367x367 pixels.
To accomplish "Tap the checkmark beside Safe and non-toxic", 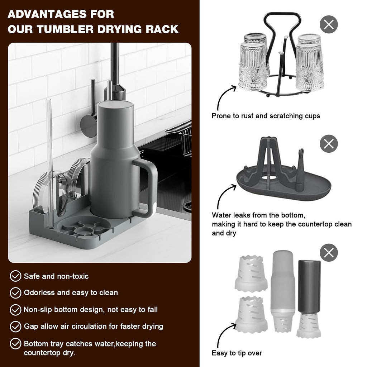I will (x=15, y=276).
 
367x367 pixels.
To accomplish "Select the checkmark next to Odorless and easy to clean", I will (x=15, y=292).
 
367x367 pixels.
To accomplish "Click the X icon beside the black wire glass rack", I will (x=329, y=25).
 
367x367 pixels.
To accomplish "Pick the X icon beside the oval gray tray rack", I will (x=329, y=144).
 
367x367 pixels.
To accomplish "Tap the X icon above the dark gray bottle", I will (x=329, y=252).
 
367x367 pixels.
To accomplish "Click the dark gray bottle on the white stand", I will (x=309, y=283).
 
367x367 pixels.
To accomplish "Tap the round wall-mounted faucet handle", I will (x=89, y=125).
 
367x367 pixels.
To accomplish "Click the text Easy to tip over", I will (x=237, y=353).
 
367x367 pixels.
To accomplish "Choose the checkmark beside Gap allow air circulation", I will (x=15, y=326).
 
